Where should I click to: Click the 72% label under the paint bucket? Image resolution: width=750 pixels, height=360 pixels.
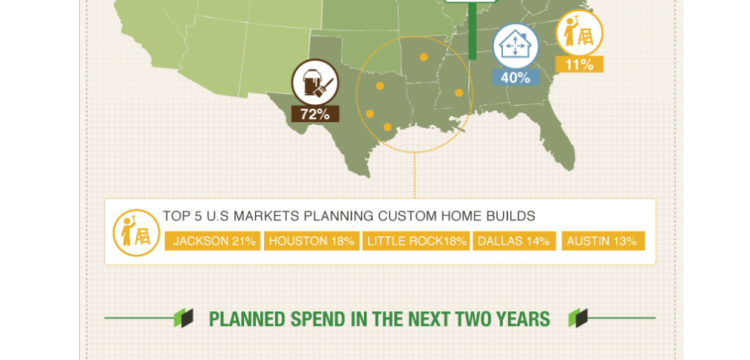[315, 115]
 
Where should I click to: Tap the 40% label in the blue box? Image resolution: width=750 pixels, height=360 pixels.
[516, 78]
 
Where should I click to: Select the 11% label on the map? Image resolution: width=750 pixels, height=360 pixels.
[579, 64]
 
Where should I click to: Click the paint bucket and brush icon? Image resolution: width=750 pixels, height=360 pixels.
[315, 83]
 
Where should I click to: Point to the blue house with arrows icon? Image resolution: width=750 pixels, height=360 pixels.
[516, 47]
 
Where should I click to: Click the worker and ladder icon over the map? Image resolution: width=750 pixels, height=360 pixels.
[579, 33]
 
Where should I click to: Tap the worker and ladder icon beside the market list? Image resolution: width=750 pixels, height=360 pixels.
[136, 233]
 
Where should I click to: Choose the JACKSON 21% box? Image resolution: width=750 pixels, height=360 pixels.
[213, 241]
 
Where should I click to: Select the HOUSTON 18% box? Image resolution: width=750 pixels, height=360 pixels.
[311, 241]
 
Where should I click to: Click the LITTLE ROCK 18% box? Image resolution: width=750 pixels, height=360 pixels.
[416, 241]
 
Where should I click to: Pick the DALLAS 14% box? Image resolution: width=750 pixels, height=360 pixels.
[514, 241]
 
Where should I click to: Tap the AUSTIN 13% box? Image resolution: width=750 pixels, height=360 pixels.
[603, 241]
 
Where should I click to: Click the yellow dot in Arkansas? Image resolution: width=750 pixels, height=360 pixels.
[423, 57]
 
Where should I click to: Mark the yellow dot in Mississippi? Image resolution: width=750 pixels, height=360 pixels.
[459, 92]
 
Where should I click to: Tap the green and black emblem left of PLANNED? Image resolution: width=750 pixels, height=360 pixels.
[183, 318]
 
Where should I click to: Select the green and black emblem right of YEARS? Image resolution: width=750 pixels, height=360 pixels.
[578, 318]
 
